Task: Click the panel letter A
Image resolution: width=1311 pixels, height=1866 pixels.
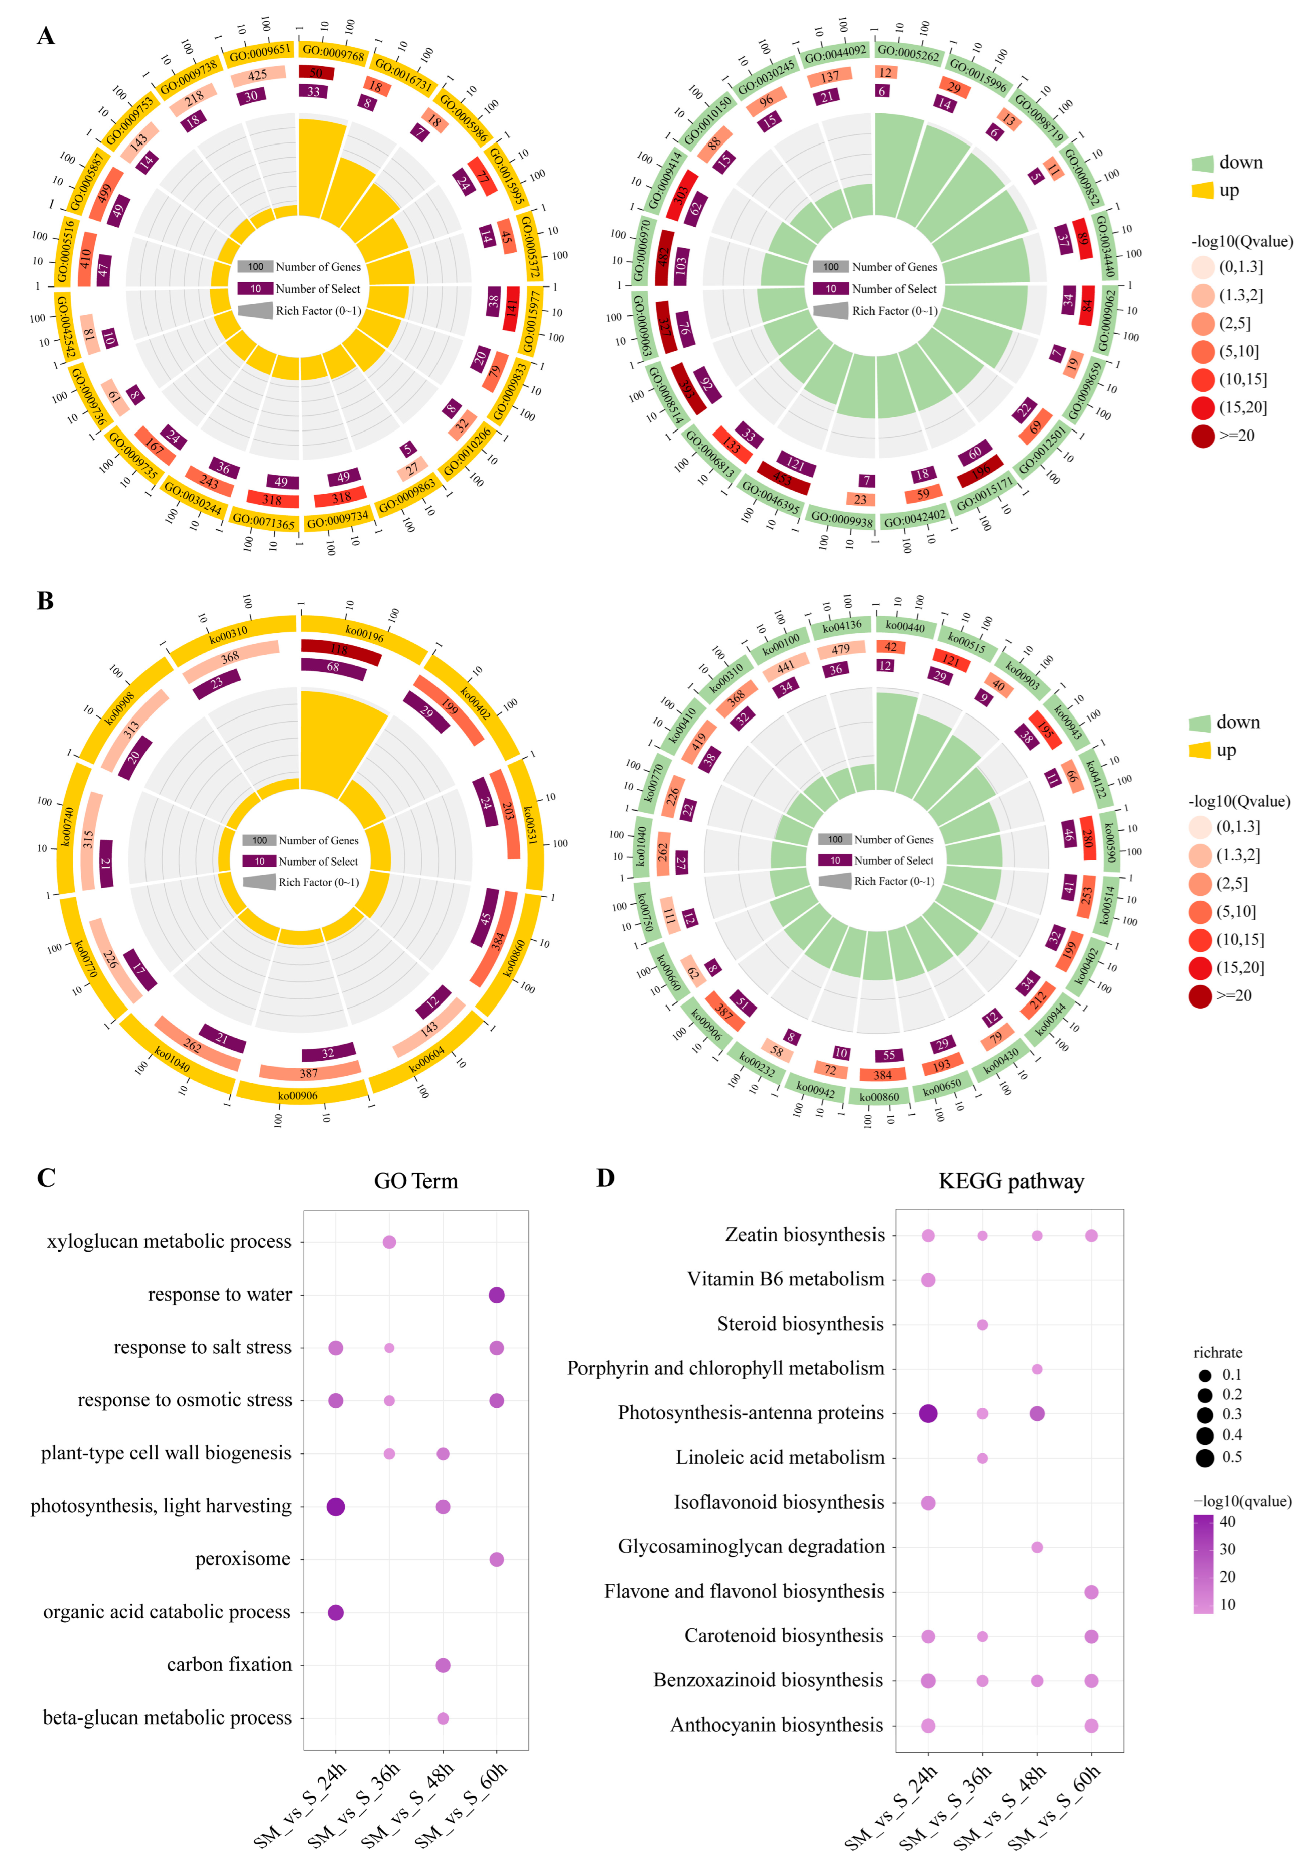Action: (46, 36)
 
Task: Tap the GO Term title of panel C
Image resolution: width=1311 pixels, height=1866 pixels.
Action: (415, 1181)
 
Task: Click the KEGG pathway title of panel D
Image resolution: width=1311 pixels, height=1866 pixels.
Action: (1010, 1181)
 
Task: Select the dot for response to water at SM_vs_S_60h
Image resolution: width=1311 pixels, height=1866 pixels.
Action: (497, 1295)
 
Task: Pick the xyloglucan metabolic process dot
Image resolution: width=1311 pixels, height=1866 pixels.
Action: (389, 1242)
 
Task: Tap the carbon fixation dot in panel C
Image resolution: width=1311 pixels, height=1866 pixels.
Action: (443, 1665)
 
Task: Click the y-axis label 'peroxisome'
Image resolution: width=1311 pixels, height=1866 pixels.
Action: (242, 1559)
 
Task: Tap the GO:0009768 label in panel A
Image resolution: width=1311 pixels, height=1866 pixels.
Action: (333, 53)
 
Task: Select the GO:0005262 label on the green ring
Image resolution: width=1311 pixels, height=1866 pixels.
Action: (908, 54)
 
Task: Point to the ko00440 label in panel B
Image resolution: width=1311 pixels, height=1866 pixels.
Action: (905, 626)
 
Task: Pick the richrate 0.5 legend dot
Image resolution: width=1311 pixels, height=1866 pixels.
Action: (1205, 1457)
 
